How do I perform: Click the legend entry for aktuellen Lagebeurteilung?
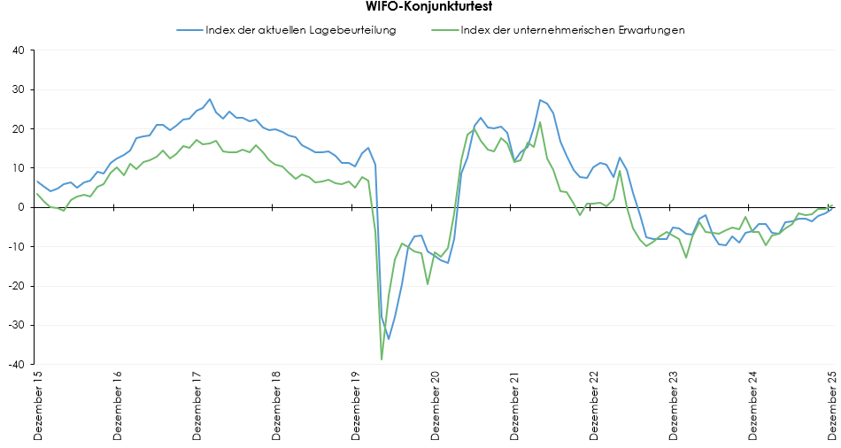[x=300, y=30]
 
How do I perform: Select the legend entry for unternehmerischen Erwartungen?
[x=573, y=30]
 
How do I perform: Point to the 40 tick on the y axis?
[x=19, y=50]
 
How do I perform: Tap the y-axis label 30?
[x=19, y=89]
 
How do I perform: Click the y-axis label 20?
[x=19, y=129]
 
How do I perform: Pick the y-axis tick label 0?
[x=22, y=207]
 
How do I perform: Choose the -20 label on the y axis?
[x=17, y=286]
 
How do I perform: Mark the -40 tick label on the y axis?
[x=17, y=364]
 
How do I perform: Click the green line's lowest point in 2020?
[x=382, y=359]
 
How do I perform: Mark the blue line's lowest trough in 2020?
[x=389, y=339]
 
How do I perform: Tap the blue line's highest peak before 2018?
[x=210, y=99]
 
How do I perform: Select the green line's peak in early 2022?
[x=540, y=122]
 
